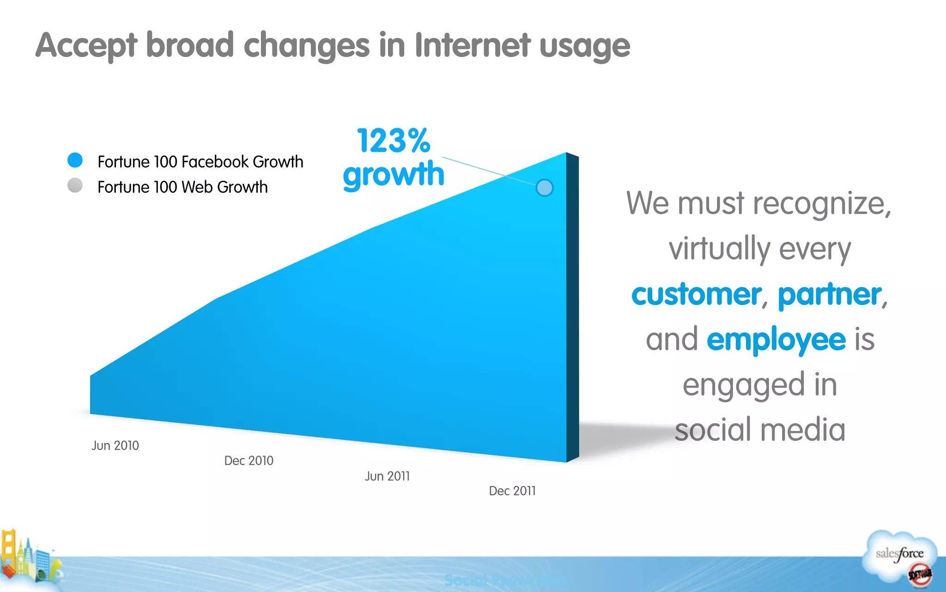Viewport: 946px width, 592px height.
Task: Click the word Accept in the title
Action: [86, 46]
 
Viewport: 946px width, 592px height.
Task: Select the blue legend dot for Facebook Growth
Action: [75, 160]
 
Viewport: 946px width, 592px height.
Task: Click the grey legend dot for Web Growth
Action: [75, 185]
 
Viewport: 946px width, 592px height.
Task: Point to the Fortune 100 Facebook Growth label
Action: [200, 162]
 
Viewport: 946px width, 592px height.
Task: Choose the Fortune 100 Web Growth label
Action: [182, 187]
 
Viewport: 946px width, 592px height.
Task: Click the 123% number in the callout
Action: [393, 141]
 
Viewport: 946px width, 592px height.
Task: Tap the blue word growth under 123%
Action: [393, 175]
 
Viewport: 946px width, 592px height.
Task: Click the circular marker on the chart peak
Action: [544, 188]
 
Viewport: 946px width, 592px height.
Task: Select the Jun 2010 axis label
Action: [115, 446]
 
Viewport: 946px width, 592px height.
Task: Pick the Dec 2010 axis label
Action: [249, 461]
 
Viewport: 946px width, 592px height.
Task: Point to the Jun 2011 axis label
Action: [387, 476]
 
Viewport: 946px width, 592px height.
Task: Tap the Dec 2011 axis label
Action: [512, 491]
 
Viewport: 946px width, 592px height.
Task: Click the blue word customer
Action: [696, 294]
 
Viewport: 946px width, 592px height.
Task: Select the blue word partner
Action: [830, 294]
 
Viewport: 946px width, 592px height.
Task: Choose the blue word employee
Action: [776, 340]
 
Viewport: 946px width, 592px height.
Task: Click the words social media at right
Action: [760, 430]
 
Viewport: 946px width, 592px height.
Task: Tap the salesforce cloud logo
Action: [899, 557]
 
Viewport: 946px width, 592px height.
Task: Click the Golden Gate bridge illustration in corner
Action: [9, 552]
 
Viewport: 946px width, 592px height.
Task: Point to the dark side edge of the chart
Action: [573, 307]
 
